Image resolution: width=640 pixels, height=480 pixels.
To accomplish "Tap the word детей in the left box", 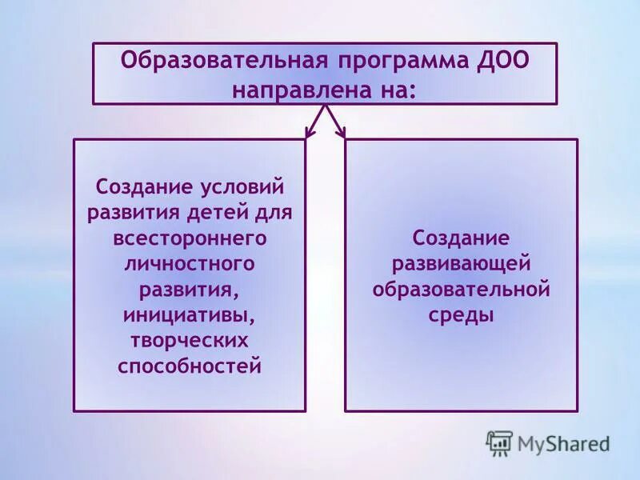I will coord(226,213).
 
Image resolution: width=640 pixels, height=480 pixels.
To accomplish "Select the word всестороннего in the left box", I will coord(190,238).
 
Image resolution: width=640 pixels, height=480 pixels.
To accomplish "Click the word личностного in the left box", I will coord(190,263).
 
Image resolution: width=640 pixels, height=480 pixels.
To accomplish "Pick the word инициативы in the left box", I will coord(190,315).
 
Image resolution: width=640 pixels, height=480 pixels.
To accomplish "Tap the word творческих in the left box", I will coord(190,341).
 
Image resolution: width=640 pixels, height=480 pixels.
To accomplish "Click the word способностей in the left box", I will coord(190,366).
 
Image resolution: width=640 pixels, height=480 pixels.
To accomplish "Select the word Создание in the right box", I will coord(461,238).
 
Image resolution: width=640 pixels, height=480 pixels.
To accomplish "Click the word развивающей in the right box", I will coord(461,263).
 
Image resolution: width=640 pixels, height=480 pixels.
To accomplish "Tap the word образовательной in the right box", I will coord(461,289).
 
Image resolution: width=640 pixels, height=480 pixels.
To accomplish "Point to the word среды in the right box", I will coord(461,314).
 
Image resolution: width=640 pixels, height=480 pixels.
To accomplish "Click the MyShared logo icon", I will coord(499,442).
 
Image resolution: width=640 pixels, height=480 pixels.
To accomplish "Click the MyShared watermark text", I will coord(563,443).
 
